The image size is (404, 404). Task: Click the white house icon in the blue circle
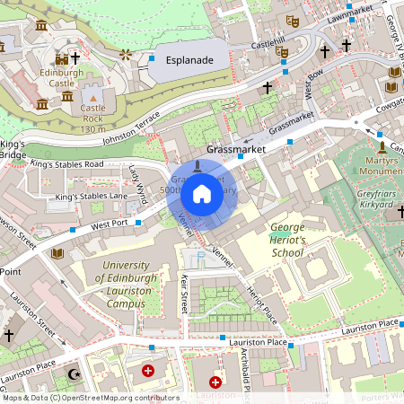point(202,194)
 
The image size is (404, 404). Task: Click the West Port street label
point(111,222)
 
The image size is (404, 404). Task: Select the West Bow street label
point(312,90)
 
